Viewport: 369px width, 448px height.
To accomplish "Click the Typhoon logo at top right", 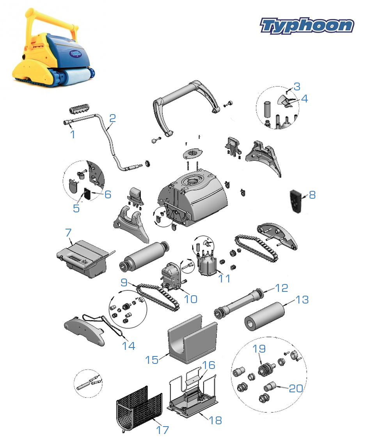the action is [307, 26].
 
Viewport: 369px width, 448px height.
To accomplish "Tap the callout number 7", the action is [68, 233].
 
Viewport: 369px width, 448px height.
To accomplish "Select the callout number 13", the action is [302, 300].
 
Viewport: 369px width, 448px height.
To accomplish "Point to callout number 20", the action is [296, 388].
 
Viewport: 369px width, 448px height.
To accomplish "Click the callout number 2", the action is [112, 118].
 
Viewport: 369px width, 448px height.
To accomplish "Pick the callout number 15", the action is [152, 360].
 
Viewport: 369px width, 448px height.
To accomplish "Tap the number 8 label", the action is [312, 195].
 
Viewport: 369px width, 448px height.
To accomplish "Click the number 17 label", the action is [163, 430].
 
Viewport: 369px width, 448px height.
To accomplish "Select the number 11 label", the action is [224, 279].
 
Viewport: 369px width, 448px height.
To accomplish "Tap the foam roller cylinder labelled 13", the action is [264, 317].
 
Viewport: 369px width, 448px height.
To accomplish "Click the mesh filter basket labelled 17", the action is [139, 409].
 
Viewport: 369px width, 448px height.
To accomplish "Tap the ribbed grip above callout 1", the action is [79, 109].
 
